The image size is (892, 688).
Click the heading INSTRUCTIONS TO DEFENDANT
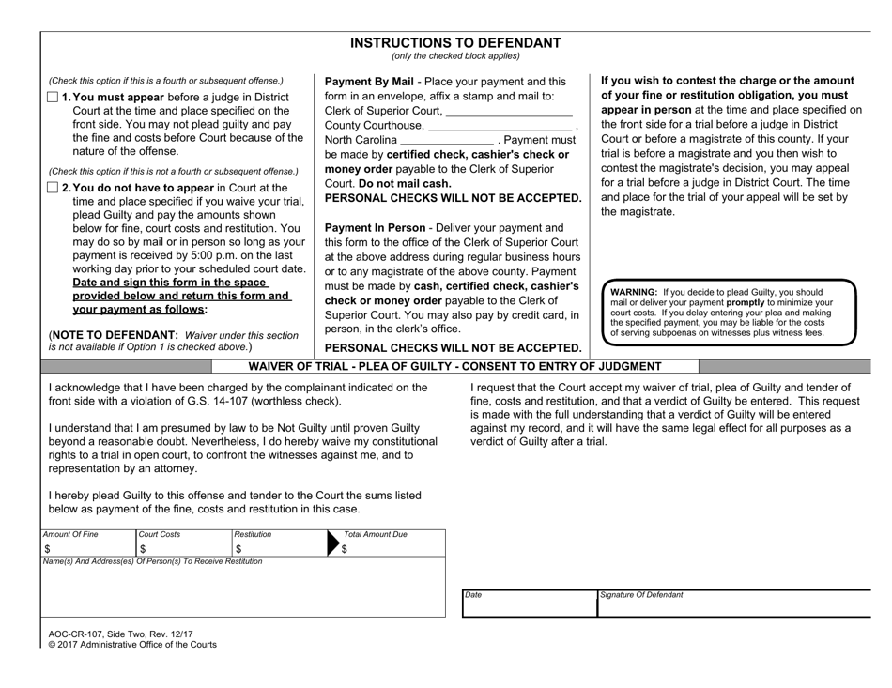[454, 42]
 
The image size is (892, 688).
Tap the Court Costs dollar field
[183, 549]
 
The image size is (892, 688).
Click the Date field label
[473, 595]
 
